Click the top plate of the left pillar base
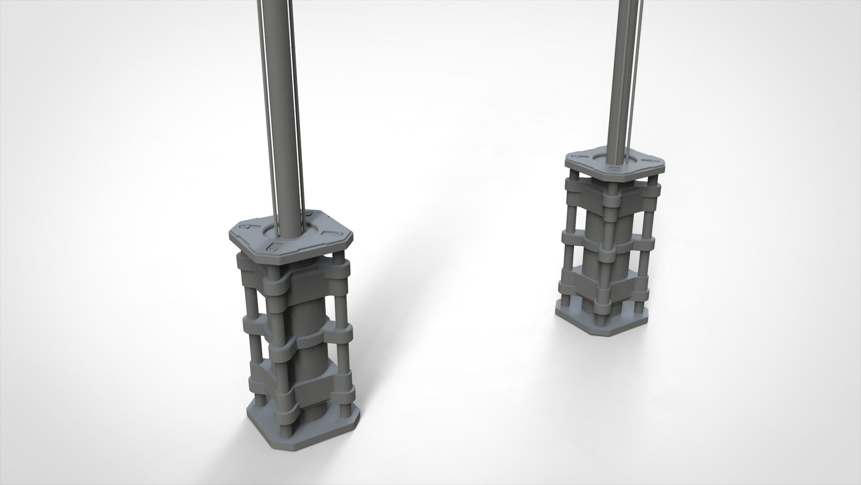click(251, 242)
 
